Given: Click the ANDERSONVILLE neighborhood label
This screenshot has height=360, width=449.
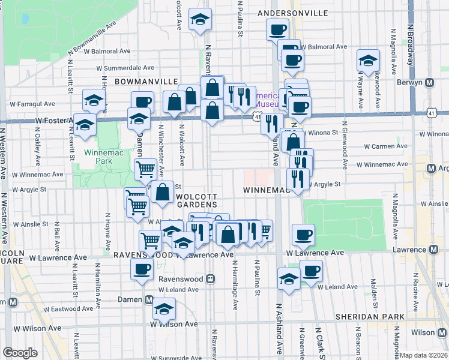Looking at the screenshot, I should (x=292, y=13).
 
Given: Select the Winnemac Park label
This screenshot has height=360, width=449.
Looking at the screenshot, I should (x=99, y=157).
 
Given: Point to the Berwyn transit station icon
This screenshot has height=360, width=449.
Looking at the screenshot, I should (x=430, y=83).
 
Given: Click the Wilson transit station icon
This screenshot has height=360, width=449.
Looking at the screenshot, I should (x=442, y=332).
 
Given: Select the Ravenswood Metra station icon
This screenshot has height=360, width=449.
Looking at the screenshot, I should (x=210, y=279).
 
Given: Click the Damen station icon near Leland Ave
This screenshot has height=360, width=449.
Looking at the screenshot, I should (x=149, y=299).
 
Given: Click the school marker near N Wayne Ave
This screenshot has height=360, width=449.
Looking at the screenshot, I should (x=368, y=60).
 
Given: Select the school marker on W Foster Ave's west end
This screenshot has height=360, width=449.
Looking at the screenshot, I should (x=85, y=124).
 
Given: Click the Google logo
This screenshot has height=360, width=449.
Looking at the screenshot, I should (x=20, y=353).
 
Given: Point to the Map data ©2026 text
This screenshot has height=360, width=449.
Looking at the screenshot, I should (x=423, y=355).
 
